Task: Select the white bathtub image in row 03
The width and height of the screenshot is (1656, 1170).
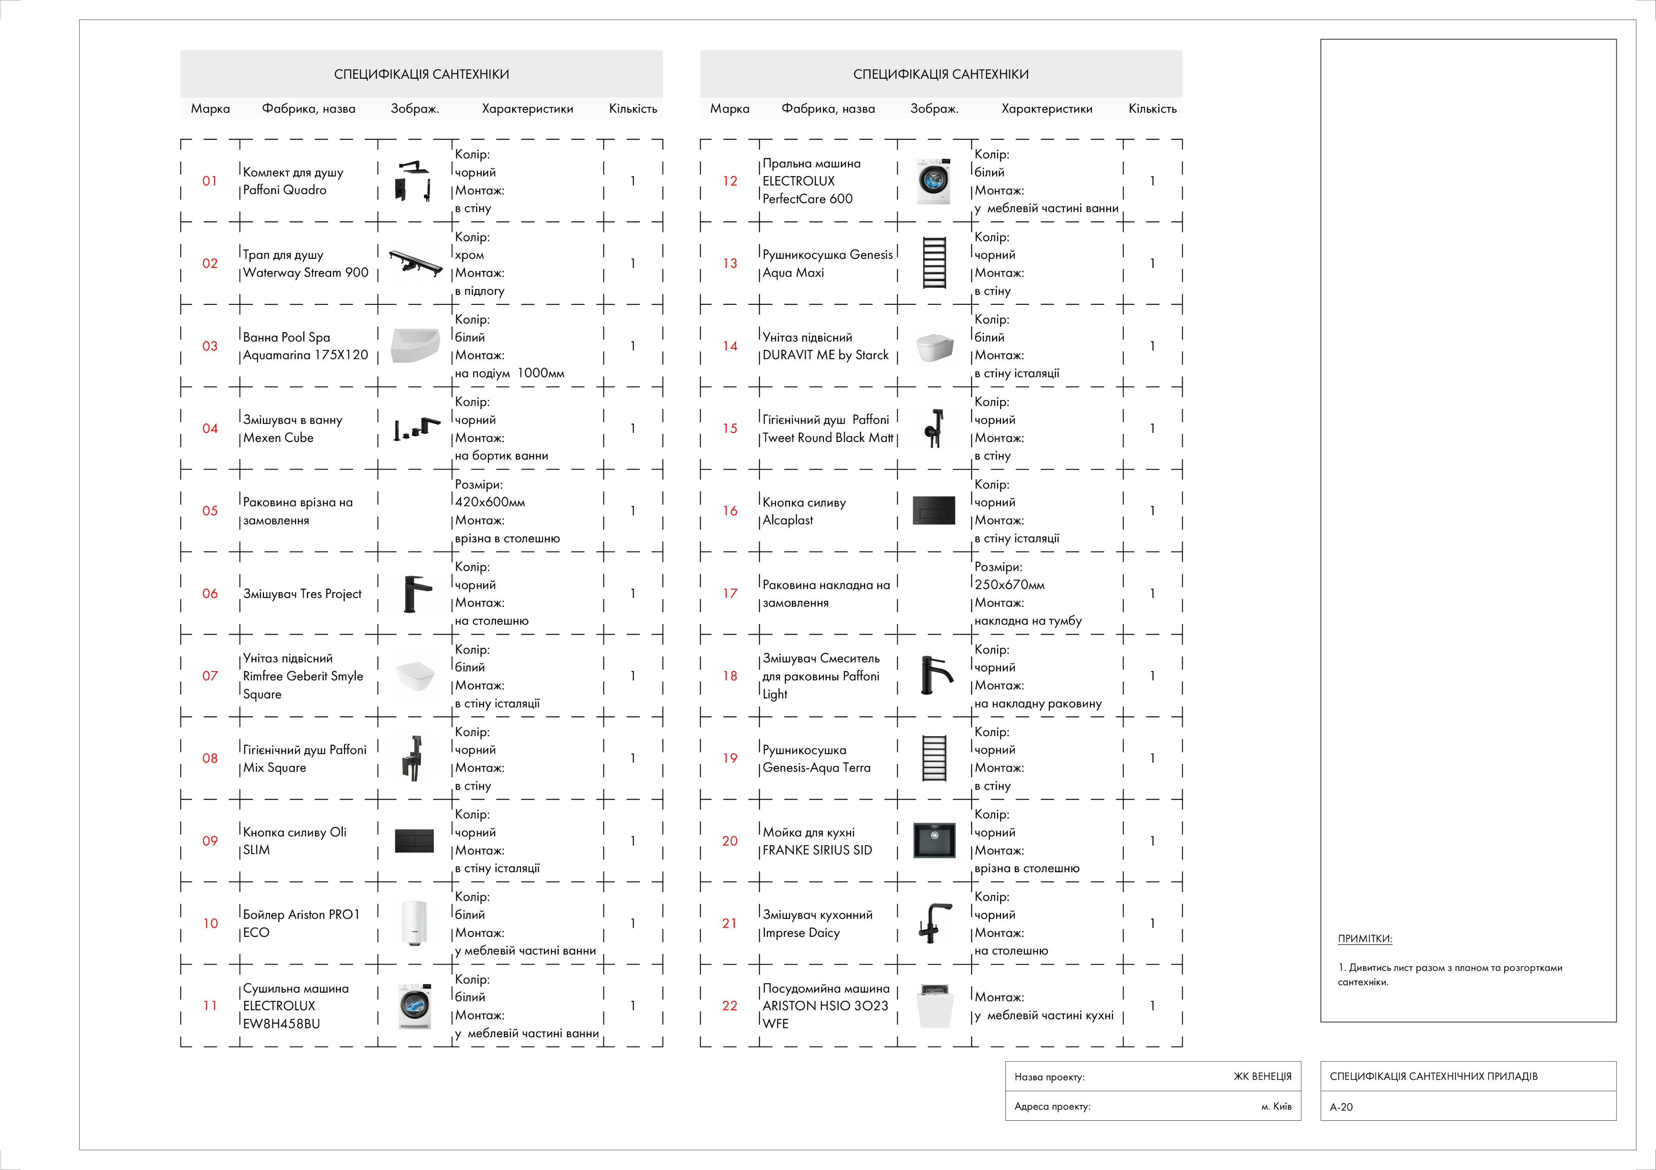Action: point(415,346)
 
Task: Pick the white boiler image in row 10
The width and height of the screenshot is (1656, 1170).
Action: point(415,923)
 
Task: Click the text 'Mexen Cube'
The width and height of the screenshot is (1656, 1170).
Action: point(279,438)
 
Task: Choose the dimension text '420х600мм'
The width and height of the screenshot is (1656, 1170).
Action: point(490,502)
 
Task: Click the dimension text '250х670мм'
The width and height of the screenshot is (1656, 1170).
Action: point(1009,585)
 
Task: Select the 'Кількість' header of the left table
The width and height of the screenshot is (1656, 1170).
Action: point(633,109)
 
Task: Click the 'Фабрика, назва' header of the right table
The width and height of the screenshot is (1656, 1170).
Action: point(828,109)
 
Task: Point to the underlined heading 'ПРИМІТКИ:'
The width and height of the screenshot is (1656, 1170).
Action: point(1365,939)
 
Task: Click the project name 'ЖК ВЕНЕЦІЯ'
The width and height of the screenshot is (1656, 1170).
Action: point(1262,1076)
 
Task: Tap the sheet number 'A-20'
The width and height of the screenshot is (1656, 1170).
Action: point(1341,1107)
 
